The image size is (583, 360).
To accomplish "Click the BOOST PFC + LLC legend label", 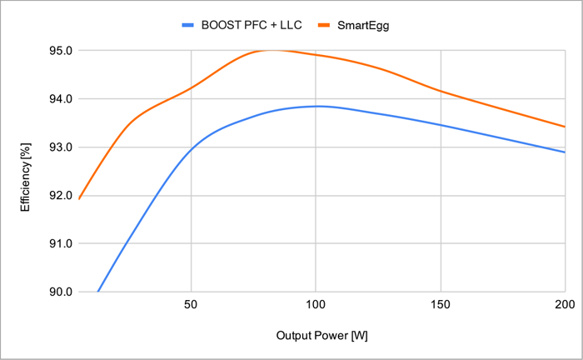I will tap(252, 25).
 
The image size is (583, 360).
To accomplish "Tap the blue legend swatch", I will tap(187, 25).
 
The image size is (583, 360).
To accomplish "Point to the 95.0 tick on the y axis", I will tap(61, 51).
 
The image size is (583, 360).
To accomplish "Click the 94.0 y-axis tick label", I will tap(61, 99).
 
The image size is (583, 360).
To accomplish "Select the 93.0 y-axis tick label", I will tap(61, 147).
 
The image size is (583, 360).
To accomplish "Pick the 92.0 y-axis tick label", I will tap(61, 196).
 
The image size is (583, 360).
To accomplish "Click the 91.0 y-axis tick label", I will tap(61, 244).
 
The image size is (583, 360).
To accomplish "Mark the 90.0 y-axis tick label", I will tap(61, 292).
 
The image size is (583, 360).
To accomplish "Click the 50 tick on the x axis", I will tap(192, 306).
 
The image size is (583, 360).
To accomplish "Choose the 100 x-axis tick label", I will tap(316, 306).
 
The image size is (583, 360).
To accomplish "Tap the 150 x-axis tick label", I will tap(440, 306).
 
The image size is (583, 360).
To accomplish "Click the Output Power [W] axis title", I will tap(321, 336).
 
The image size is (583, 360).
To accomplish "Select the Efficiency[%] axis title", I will tap(26, 172).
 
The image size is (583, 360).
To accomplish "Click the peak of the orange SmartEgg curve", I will tap(272, 50).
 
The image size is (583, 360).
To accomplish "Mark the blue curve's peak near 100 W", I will tap(316, 106).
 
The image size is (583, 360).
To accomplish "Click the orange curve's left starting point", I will tap(79, 198).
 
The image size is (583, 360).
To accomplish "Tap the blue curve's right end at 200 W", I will tap(564, 152).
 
